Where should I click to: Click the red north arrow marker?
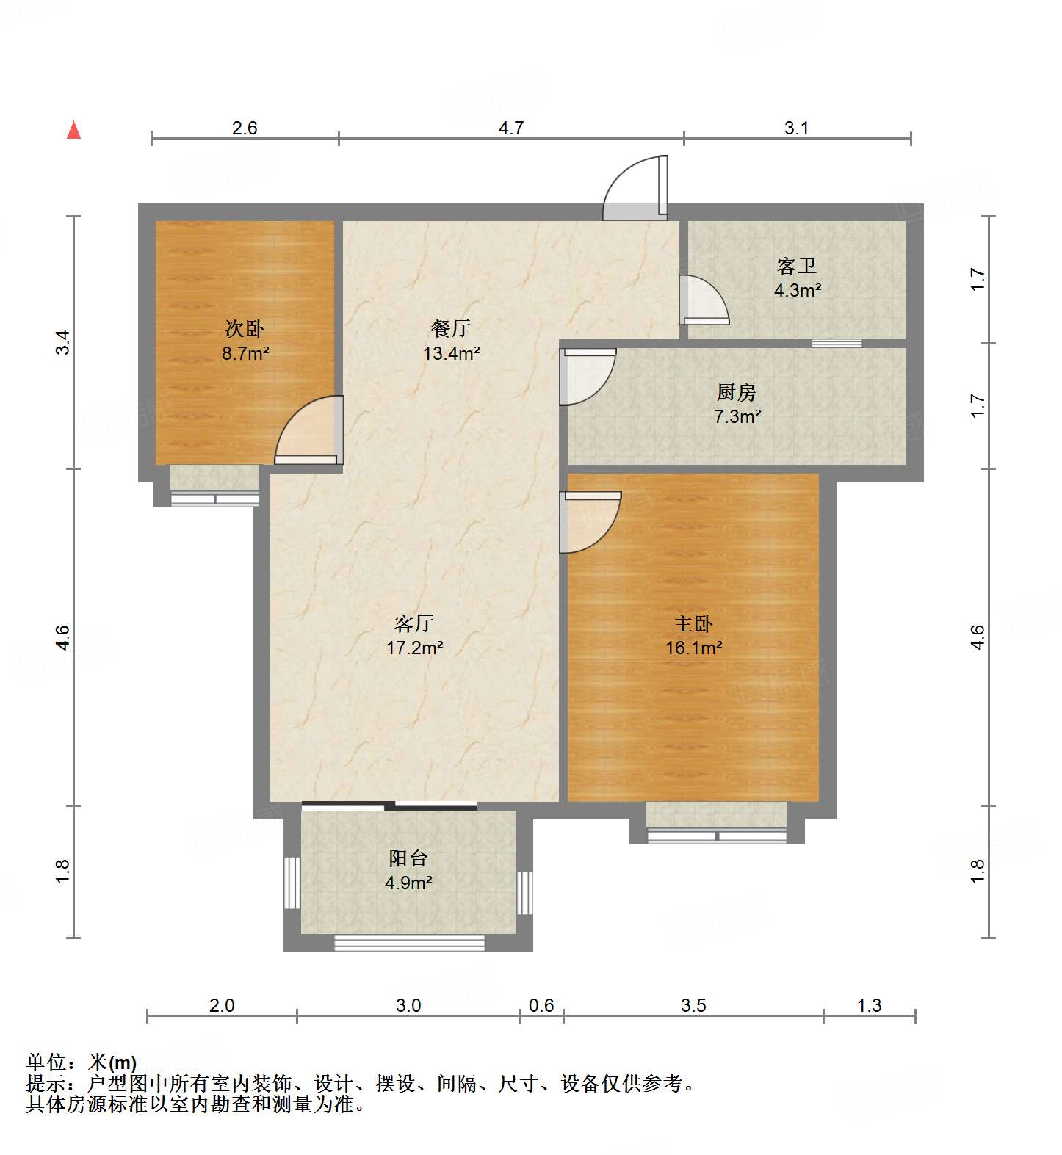point(73,131)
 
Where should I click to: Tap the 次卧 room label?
point(245,328)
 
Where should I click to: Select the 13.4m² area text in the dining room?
point(451,353)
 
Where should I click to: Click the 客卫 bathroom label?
point(797,266)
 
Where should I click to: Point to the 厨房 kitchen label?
point(737,393)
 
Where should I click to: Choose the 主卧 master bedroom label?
point(693,623)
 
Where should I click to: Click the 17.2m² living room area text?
point(414,648)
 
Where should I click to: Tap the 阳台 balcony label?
point(408,858)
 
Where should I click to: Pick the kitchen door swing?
point(586,376)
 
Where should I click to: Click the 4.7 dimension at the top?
point(510,128)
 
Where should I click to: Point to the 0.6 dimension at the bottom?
point(541,1004)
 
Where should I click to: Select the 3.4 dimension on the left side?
point(63,343)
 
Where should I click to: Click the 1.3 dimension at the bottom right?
point(869,1004)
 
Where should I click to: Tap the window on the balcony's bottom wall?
point(409,942)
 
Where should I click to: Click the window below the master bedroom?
point(716,836)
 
